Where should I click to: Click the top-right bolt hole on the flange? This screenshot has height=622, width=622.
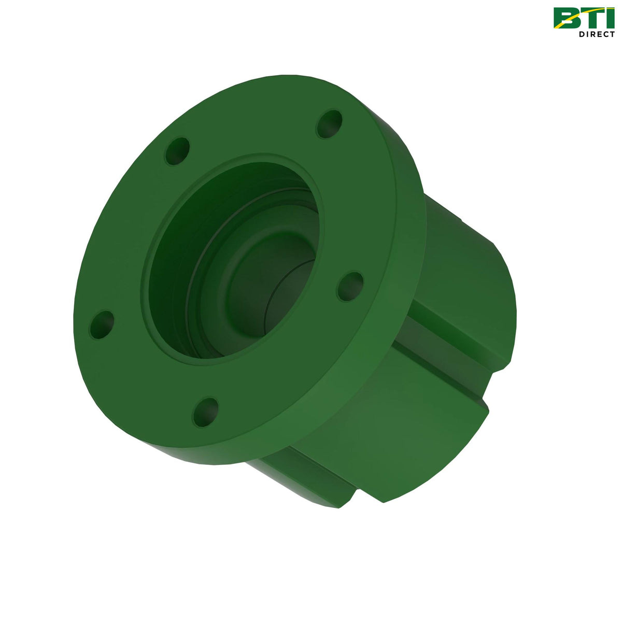tap(330, 124)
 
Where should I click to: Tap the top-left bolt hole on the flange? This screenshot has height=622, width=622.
tap(177, 151)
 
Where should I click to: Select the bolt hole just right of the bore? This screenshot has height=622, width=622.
tap(350, 286)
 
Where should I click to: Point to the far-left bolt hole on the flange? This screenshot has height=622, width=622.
tap(102, 325)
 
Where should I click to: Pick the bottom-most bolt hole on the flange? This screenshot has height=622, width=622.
tap(206, 412)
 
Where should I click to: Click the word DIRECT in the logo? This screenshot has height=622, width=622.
tap(597, 34)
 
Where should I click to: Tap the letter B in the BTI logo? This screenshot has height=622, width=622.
tap(566, 18)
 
